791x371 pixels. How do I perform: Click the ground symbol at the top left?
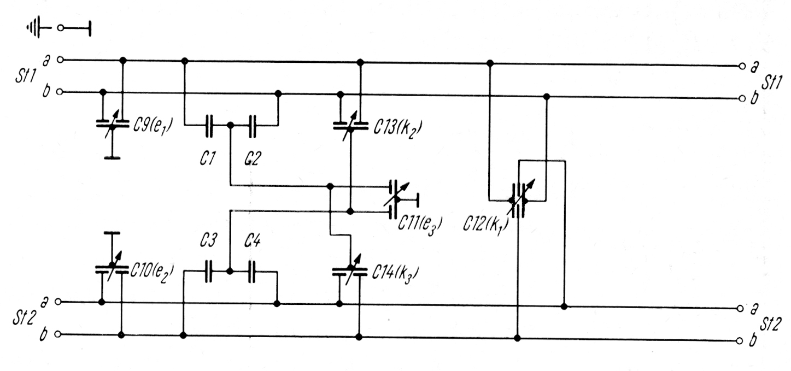35,28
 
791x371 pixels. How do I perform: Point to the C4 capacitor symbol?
251,271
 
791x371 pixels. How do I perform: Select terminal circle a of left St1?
60,60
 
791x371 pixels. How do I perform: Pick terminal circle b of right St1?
741,99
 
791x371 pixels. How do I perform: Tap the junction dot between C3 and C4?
230,271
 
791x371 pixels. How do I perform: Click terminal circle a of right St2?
741,308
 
